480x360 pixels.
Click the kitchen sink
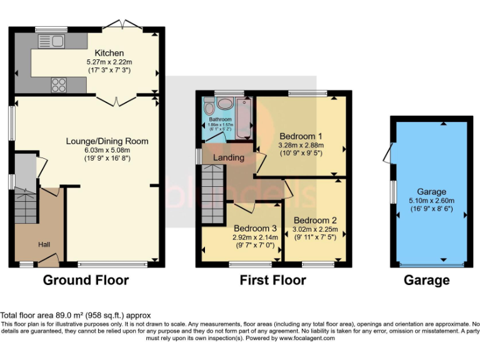tap(54, 42)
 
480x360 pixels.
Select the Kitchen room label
tap(109, 53)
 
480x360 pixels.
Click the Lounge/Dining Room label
tap(107, 141)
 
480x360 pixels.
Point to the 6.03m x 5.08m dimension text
tap(107, 150)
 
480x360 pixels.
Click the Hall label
tap(44, 244)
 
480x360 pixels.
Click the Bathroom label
tap(220, 119)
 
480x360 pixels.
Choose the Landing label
tap(229, 157)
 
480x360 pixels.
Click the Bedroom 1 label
tap(301, 136)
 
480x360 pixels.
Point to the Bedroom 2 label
tap(315, 221)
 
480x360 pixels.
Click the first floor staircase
tap(212, 193)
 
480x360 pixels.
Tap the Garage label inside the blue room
tap(431, 192)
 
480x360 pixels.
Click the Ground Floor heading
tap(86, 280)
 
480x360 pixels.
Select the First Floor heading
tap(272, 280)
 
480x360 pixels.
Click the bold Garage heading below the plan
tap(427, 280)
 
